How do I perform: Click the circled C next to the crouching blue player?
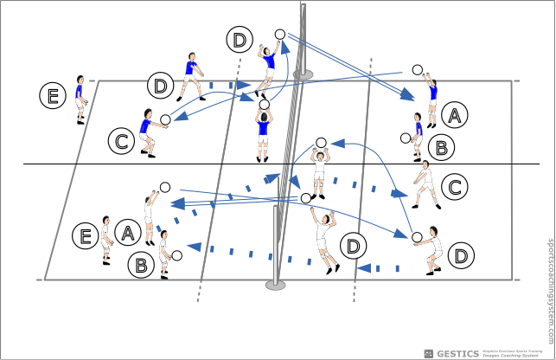point(122,139)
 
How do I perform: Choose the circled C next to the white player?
point(454,186)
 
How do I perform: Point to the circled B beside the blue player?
point(441,147)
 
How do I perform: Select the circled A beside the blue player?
point(455,114)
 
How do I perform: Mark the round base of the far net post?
point(303,75)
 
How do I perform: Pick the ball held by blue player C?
point(165,120)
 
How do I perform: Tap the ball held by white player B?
point(176,255)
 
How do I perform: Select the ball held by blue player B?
point(405,138)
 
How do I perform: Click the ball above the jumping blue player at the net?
point(279,35)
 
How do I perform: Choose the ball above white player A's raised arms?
point(164,187)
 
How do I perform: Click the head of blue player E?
point(80,79)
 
